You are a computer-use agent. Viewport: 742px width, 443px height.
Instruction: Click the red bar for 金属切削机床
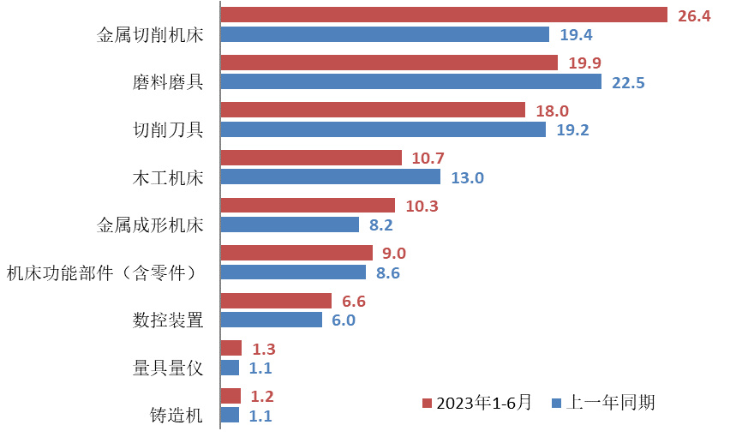tap(444, 15)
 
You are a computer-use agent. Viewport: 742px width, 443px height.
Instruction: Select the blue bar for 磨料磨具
tap(411, 82)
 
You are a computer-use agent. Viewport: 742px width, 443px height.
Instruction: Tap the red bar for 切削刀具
tap(373, 110)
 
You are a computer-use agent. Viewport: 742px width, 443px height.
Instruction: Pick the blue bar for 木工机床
tap(331, 177)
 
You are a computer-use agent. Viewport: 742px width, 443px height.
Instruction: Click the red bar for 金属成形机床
tap(308, 206)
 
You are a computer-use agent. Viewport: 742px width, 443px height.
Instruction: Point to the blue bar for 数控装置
tap(272, 320)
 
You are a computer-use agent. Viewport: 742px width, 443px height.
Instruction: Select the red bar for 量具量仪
tap(231, 348)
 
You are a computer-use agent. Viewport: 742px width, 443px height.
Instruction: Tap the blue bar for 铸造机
tap(230, 416)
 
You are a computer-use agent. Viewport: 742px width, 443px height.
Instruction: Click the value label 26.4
tap(694, 16)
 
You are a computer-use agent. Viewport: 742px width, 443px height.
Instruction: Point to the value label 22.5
tap(628, 83)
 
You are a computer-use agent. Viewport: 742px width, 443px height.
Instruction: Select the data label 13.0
tap(467, 178)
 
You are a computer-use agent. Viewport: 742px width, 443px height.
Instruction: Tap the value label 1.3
tap(263, 349)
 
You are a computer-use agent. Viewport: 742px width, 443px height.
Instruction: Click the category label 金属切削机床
tap(150, 35)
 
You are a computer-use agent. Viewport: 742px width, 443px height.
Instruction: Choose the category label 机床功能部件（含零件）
tap(102, 273)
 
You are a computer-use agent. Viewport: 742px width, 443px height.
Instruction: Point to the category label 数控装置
tap(168, 320)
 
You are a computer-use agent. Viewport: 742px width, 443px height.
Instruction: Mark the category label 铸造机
tap(177, 416)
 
